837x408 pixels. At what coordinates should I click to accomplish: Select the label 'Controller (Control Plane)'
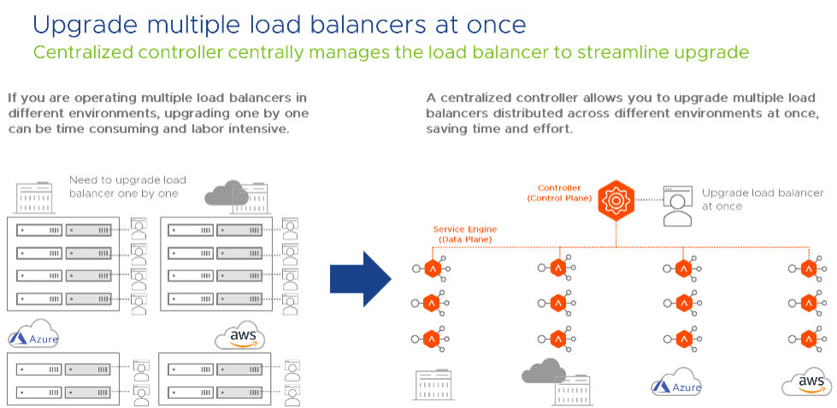click(x=560, y=192)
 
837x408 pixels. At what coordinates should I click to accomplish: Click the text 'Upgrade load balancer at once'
click(x=763, y=199)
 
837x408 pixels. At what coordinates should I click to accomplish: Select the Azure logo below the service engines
click(x=677, y=384)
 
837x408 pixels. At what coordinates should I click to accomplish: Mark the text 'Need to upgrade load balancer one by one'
click(x=127, y=186)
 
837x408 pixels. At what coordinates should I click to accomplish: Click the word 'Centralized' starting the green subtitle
click(x=80, y=53)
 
